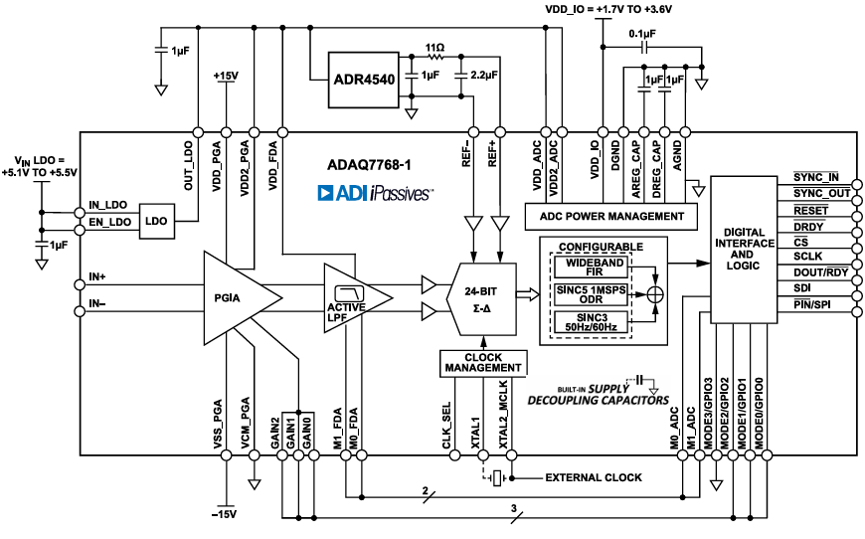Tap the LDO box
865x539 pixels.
157,219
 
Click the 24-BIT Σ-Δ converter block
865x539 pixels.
482,296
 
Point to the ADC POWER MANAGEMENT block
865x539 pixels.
611,216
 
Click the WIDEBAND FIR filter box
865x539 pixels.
591,268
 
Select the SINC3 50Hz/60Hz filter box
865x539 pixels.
591,320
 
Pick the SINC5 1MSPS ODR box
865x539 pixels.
591,294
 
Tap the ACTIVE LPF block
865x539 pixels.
348,296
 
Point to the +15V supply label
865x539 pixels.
228,76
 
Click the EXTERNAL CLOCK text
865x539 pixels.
593,477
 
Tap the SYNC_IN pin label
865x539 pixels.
815,177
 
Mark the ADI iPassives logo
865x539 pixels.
374,192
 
